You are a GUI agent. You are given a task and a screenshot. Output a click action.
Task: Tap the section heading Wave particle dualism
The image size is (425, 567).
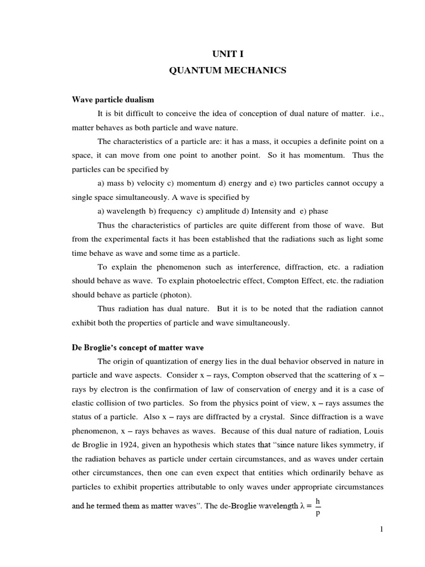point(113,100)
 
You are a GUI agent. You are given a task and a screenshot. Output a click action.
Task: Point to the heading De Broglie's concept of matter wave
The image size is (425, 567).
point(138,348)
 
